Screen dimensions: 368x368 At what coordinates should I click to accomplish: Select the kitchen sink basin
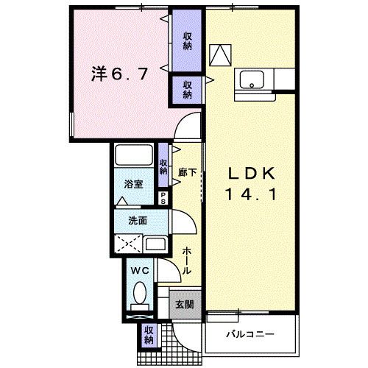tap(252, 80)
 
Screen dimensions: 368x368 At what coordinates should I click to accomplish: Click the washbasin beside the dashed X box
tap(155, 244)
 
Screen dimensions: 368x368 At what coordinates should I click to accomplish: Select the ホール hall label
tap(187, 261)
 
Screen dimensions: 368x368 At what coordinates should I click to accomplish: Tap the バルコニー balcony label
tap(250, 333)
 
